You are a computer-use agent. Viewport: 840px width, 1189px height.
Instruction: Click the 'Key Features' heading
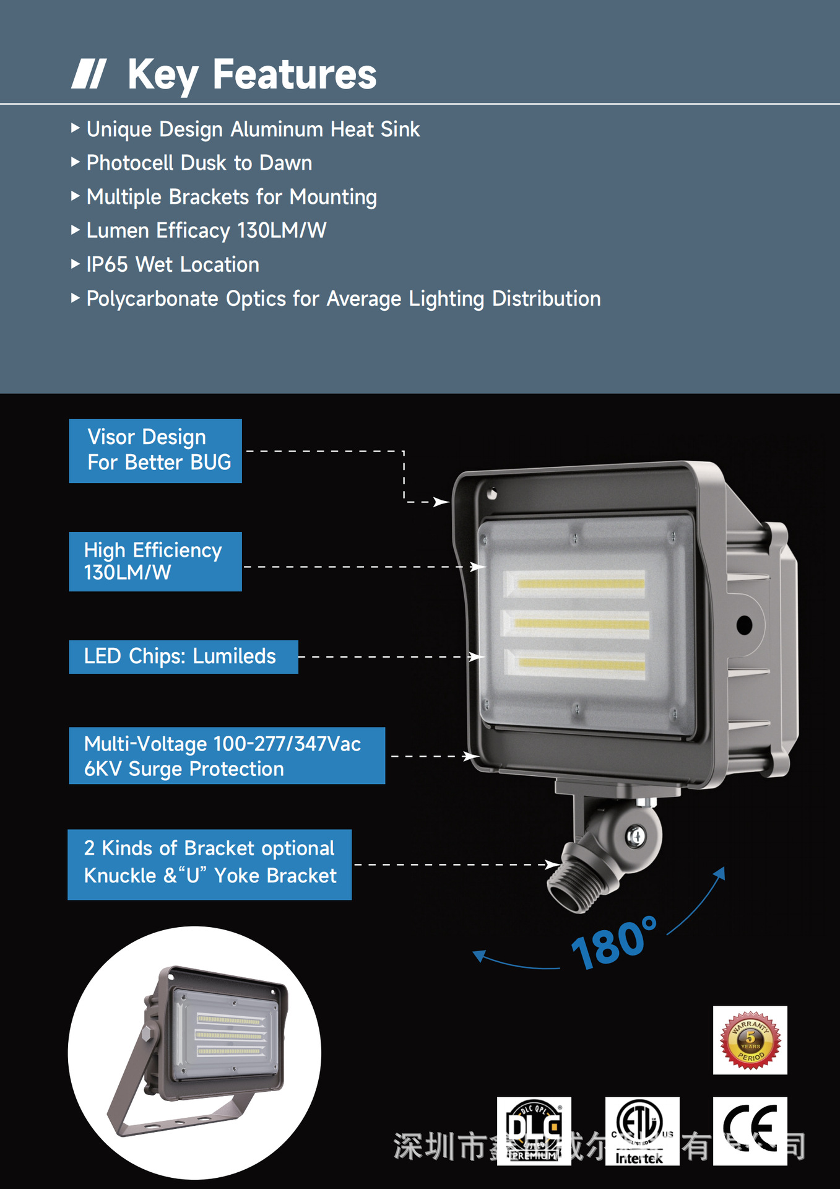pos(251,74)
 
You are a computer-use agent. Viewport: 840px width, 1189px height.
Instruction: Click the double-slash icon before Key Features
pos(89,74)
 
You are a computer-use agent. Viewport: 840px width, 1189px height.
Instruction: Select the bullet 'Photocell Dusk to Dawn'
pos(199,163)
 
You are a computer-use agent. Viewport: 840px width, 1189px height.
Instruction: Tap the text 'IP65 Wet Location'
pos(173,264)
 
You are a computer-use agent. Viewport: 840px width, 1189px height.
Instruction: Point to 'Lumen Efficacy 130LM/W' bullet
pos(206,230)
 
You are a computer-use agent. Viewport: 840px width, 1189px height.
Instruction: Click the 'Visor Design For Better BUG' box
pos(155,450)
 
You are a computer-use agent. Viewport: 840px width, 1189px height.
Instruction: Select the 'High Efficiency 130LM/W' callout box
pos(155,561)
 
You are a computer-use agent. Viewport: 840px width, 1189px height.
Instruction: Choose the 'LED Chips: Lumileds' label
pos(183,656)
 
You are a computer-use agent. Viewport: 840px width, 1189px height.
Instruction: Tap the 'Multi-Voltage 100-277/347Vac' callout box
pos(227,756)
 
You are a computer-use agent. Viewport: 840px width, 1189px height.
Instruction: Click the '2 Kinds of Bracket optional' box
pos(209,864)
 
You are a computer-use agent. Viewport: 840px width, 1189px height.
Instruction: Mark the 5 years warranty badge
pos(750,1040)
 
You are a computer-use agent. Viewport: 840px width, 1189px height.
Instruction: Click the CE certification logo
pos(750,1130)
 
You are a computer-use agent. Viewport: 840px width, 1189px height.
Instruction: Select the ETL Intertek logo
pos(642,1130)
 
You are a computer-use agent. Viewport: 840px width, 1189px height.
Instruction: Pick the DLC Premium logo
pos(534,1130)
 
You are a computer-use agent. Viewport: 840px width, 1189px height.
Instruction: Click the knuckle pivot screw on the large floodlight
pos(636,837)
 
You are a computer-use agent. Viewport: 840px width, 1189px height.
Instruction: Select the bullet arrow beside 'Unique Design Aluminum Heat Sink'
pos(75,128)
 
